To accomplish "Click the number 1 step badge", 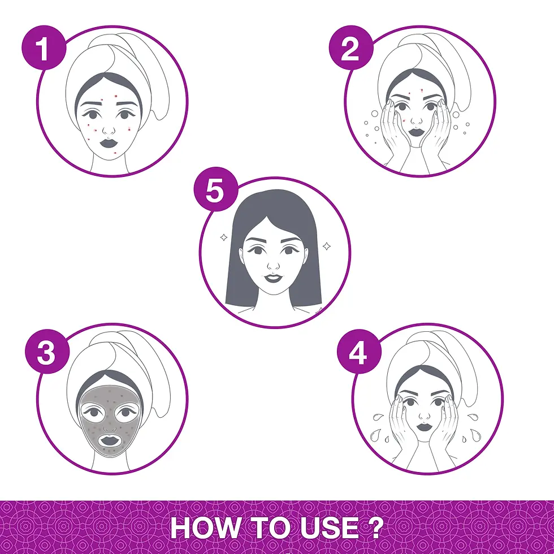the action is (x=44, y=47).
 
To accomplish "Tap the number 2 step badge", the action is (x=351, y=47).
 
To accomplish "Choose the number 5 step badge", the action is (x=215, y=189).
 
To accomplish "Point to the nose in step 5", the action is (x=273, y=265).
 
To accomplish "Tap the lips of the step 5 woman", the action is (x=272, y=278).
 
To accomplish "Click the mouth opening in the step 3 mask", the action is (x=110, y=440).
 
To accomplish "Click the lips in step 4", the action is (x=424, y=427).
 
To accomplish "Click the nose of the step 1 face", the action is (x=109, y=129).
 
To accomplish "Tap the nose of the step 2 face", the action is (x=417, y=120).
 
